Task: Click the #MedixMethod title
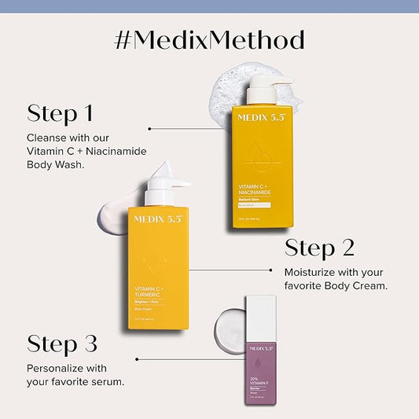click(x=209, y=40)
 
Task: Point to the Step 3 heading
click(x=63, y=344)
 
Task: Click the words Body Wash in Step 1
click(x=54, y=166)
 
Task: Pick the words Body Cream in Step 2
click(x=350, y=285)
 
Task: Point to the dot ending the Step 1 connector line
click(x=150, y=127)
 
